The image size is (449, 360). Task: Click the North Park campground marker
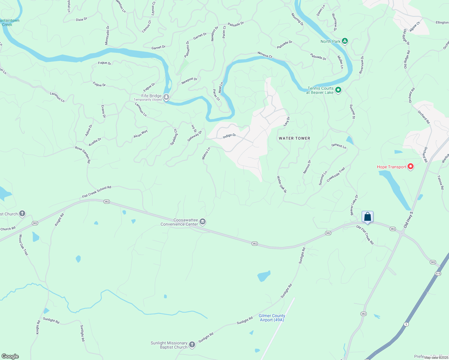coord(345,41)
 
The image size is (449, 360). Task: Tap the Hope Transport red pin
coord(411,166)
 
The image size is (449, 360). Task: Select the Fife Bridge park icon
coord(166,97)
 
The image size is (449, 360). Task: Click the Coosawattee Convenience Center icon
coord(203,222)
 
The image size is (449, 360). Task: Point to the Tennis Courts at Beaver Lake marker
coord(338,90)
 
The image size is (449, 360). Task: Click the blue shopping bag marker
coord(367,217)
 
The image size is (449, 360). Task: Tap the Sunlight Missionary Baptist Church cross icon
coord(192,345)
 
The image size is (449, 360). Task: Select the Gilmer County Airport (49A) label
coord(272,318)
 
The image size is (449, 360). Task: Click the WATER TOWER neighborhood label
coord(294,138)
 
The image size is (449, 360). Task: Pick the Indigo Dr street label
coord(229,136)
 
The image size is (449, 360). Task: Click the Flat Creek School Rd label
coord(97,192)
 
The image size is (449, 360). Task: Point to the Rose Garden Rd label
coord(83,154)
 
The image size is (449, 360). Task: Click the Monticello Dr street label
coord(107,35)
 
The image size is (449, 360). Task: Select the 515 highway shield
coord(438,274)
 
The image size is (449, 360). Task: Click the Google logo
coord(10,356)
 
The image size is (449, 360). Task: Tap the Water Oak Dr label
coord(282,184)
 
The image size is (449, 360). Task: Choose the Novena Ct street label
coord(265,54)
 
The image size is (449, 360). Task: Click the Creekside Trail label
coord(336,175)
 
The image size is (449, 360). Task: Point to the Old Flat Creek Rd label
coord(365,235)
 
